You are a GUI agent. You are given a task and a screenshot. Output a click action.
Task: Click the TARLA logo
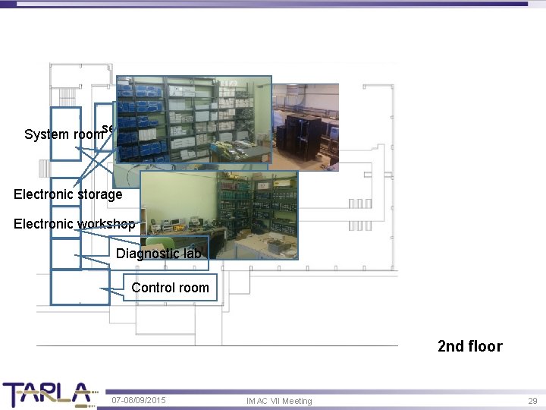click(47, 394)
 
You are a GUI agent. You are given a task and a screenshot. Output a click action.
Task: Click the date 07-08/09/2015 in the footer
click(139, 400)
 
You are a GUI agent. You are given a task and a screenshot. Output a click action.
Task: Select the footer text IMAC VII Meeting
click(279, 401)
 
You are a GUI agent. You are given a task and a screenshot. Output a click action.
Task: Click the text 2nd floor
click(469, 346)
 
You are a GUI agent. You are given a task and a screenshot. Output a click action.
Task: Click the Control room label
click(170, 288)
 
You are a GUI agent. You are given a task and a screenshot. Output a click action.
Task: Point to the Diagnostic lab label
click(158, 254)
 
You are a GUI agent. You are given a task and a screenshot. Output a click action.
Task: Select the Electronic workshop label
click(74, 224)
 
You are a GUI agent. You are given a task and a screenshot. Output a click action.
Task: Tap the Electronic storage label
click(67, 194)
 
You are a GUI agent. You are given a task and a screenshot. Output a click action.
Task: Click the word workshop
click(106, 224)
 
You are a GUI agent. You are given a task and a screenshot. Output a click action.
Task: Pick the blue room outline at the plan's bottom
click(80, 288)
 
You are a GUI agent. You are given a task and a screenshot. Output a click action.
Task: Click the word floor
click(485, 346)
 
